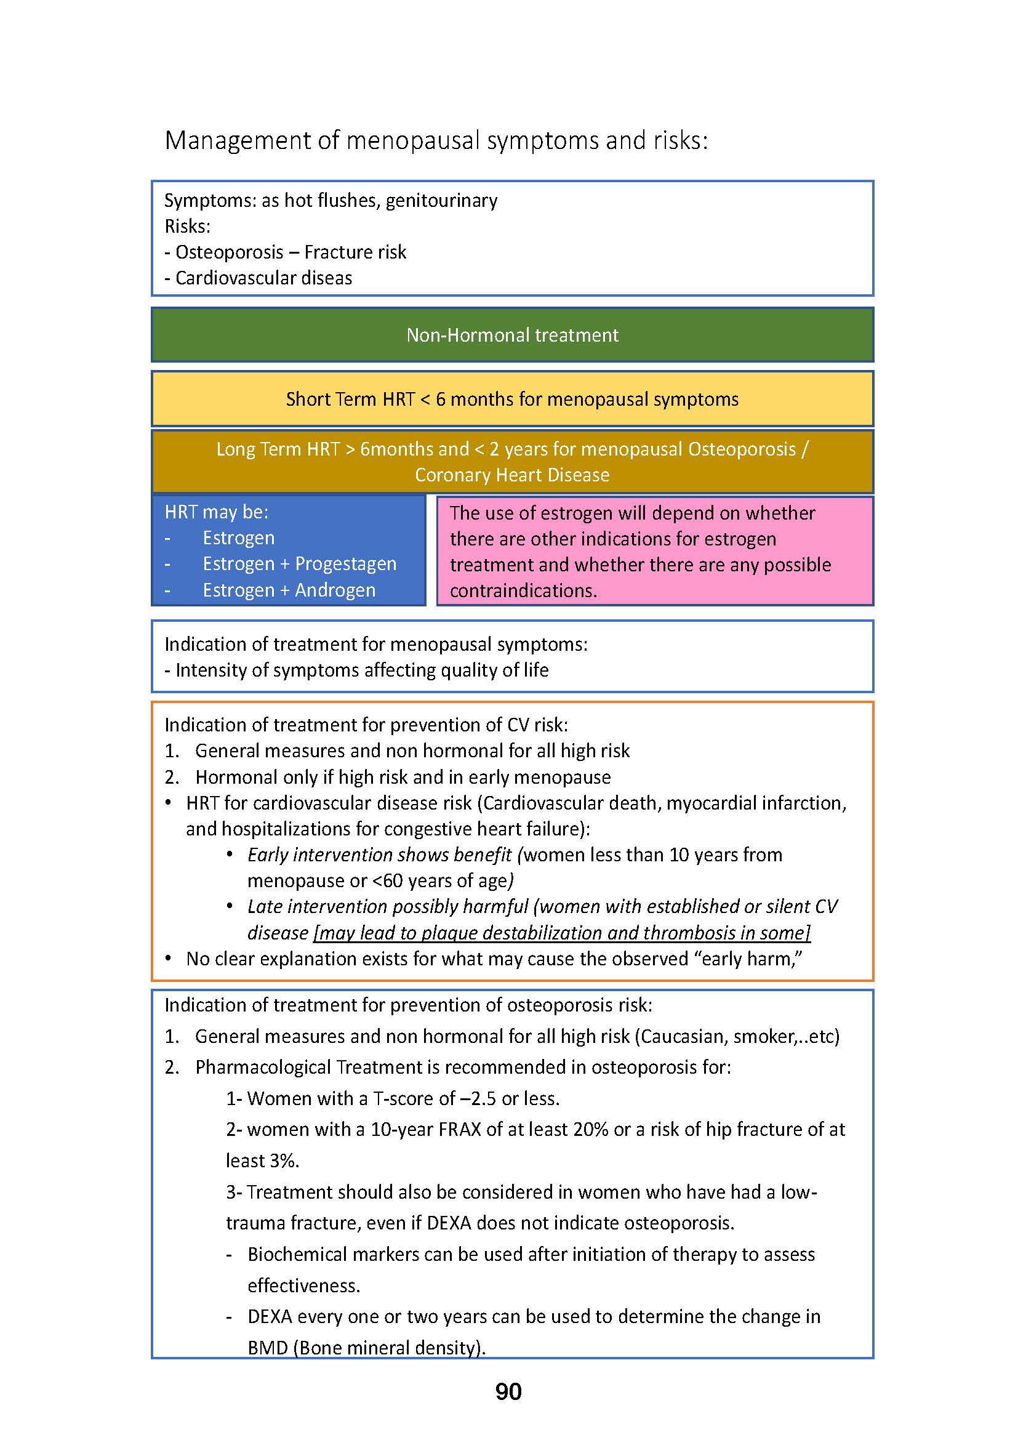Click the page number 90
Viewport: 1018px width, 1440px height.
[x=508, y=1392]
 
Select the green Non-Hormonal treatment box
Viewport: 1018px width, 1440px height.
[x=512, y=335]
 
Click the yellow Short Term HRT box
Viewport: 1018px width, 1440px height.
[x=512, y=399]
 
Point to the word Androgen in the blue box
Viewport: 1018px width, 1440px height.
[x=335, y=590]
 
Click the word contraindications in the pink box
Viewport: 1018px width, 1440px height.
[x=523, y=591]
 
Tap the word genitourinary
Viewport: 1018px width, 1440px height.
[x=441, y=201]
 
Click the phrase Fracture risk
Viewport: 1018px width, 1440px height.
[x=355, y=252]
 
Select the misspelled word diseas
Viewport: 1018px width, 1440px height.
[x=327, y=278]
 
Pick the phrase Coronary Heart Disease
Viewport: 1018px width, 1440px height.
[x=512, y=475]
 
